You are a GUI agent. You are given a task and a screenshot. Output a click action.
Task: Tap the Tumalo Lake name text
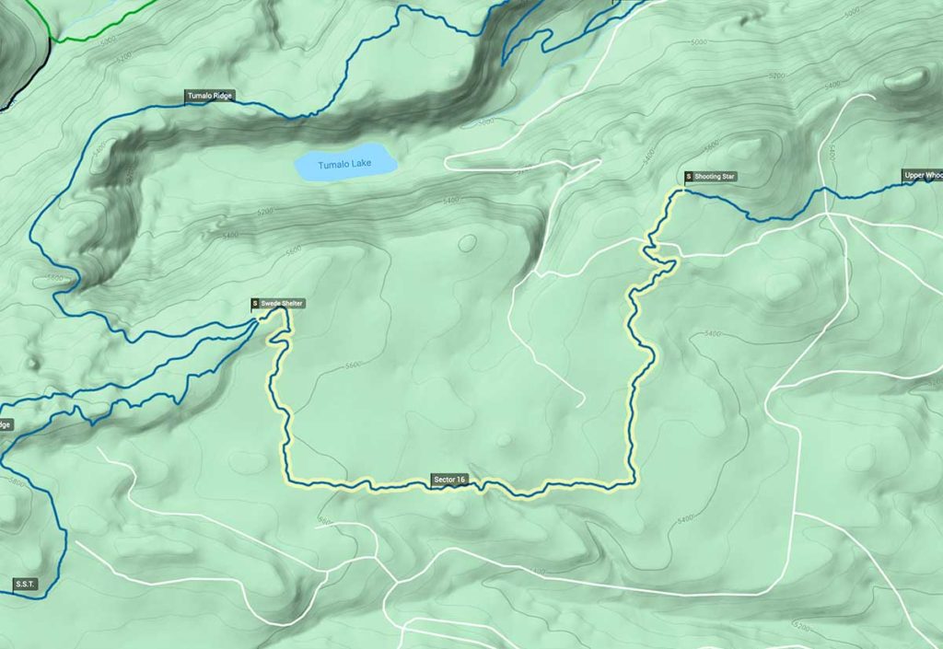[344, 166]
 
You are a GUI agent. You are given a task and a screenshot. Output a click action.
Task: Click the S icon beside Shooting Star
[688, 176]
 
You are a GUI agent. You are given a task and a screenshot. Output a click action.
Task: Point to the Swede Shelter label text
[282, 304]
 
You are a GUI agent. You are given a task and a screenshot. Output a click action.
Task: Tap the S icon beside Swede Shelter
[255, 304]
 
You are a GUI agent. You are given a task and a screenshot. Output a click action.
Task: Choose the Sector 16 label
[450, 480]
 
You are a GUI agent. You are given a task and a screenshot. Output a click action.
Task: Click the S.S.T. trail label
[24, 584]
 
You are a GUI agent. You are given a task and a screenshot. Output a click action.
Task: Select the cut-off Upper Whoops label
[922, 175]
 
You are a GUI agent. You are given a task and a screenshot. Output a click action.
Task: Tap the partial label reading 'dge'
[5, 424]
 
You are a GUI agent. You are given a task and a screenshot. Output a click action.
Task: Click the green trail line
[101, 28]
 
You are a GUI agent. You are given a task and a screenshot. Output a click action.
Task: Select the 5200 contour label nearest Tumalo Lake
[265, 212]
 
